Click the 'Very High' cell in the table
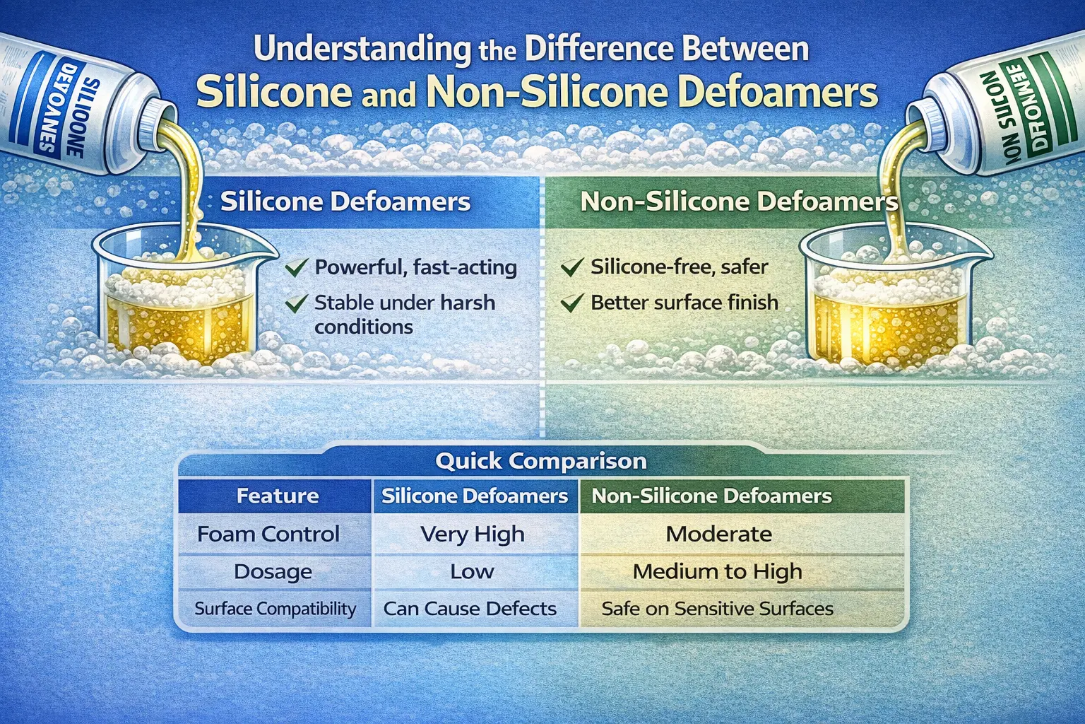pos(472,535)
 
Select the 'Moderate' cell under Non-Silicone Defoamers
pos(718,535)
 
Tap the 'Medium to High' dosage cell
pos(717,571)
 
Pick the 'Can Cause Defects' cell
pos(470,609)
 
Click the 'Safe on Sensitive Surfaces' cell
pos(717,609)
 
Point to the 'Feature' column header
pos(277,496)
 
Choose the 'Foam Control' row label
pos(268,535)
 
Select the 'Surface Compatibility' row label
pos(275,609)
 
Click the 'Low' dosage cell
pos(472,571)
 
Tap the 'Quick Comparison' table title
pos(540,461)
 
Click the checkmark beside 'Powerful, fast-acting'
pos(296,267)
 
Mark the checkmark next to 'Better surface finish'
pos(571,303)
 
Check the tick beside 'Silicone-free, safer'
pos(571,267)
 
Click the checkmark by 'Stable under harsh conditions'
pos(296,304)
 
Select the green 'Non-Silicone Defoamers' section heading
pos(739,202)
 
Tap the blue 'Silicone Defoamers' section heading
pos(345,202)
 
